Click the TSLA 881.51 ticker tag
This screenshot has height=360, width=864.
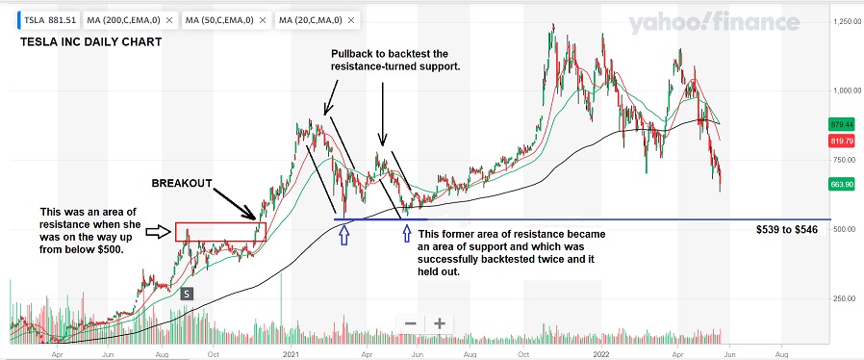(43, 19)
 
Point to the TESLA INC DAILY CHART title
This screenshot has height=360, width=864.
(89, 42)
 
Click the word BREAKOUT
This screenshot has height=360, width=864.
(181, 183)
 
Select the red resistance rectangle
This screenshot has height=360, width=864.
(219, 231)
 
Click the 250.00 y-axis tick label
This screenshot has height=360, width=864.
(845, 298)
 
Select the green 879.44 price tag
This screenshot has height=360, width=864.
(840, 124)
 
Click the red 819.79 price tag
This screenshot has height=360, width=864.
(840, 141)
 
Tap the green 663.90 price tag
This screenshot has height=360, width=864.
(840, 184)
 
